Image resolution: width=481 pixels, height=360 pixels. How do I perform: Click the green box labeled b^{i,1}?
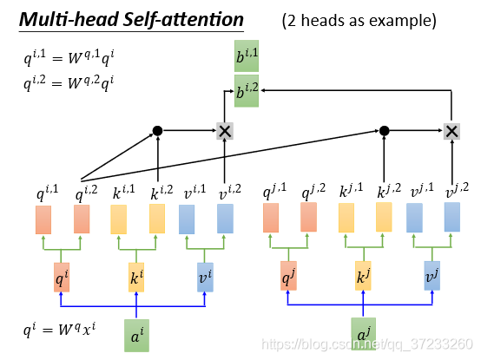(247, 56)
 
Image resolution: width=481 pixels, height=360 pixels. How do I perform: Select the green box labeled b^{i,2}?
(247, 91)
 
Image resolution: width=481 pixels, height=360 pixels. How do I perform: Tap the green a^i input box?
(136, 336)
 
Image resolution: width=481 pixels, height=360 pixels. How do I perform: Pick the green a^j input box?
(363, 334)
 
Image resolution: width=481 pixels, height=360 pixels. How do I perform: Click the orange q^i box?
(62, 278)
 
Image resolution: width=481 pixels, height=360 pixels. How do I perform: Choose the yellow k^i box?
(136, 278)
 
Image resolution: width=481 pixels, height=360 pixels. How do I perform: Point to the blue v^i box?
(205, 278)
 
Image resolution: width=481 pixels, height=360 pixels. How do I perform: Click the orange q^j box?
(288, 276)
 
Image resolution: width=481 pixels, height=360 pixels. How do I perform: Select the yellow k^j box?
(363, 276)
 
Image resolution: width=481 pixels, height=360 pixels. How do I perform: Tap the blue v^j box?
(432, 276)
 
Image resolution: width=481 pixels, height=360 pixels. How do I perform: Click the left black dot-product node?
(157, 131)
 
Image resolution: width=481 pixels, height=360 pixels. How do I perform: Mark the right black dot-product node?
(384, 131)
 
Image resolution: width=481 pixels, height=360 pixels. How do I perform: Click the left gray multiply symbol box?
(225, 131)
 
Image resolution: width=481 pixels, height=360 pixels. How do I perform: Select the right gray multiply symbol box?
(451, 131)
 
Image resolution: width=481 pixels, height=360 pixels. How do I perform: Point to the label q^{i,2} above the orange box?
(86, 193)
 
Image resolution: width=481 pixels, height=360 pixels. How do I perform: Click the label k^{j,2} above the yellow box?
(389, 191)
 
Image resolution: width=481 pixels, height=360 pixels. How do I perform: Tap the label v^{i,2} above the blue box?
(230, 192)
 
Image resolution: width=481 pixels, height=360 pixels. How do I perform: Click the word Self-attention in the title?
(183, 20)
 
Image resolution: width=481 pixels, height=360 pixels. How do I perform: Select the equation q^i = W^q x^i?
(60, 330)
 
